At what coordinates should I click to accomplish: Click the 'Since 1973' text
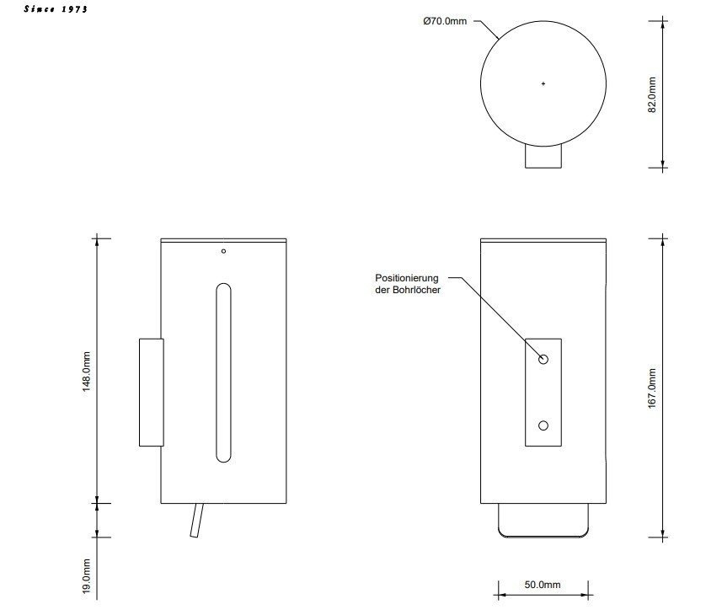point(56,9)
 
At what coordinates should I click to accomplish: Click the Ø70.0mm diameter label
point(445,21)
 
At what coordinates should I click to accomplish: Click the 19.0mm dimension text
point(87,578)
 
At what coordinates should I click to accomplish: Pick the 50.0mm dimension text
point(543,585)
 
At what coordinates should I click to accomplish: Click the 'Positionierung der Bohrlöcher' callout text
point(409,283)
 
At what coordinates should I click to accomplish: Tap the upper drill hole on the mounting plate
point(543,360)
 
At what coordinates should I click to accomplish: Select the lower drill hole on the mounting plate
point(543,425)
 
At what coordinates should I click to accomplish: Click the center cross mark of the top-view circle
point(543,83)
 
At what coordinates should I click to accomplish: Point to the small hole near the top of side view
point(223,250)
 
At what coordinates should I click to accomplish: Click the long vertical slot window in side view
point(223,372)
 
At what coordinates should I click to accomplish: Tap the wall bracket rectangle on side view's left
point(151,392)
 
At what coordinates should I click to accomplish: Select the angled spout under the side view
point(196,520)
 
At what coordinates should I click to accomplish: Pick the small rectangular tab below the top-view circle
point(543,158)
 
